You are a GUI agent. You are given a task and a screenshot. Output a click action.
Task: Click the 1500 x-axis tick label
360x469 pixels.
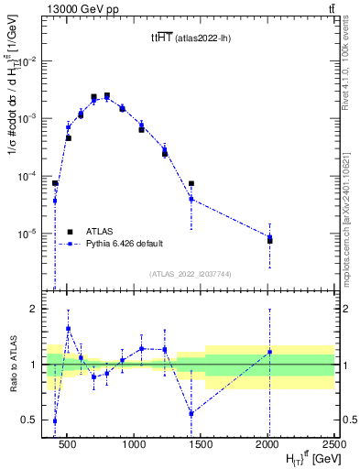click(x=201, y=444)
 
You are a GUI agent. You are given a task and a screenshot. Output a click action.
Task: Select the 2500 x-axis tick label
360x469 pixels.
click(x=333, y=444)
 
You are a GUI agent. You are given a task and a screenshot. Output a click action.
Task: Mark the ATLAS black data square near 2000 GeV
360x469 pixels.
click(x=269, y=240)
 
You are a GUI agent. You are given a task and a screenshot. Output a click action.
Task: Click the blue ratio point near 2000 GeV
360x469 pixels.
click(x=269, y=352)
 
